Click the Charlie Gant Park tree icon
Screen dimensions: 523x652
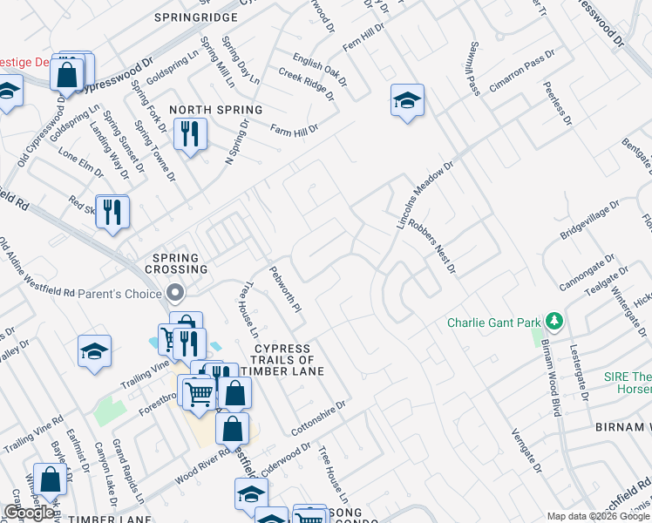(x=553, y=322)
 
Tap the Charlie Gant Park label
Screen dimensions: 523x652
(x=493, y=323)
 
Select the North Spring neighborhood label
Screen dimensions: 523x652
(x=215, y=110)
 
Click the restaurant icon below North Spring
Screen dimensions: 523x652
(x=190, y=133)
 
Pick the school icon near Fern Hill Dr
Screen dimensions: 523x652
(x=407, y=100)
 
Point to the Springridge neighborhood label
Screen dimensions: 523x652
(x=196, y=17)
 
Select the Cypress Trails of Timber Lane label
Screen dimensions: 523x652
(x=282, y=359)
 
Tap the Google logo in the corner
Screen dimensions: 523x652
(x=30, y=513)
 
